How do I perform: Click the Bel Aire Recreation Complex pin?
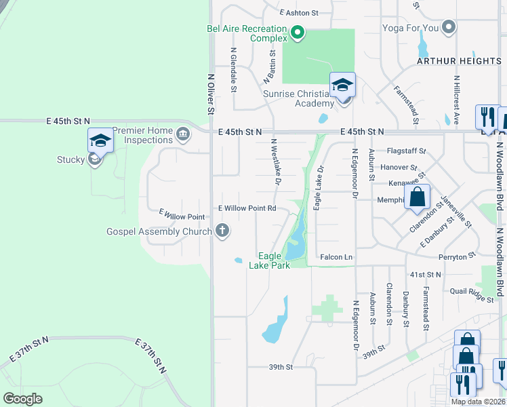[297, 32]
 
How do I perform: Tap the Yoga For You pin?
[447, 28]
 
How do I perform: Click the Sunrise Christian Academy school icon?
[342, 85]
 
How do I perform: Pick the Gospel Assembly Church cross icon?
[221, 231]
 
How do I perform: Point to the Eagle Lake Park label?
[274, 260]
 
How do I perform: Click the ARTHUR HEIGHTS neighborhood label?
[459, 61]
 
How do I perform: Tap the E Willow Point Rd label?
[247, 208]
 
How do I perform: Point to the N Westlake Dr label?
[275, 163]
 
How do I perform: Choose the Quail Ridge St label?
[472, 291]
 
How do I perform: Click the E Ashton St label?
[298, 13]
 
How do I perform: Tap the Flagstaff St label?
[406, 151]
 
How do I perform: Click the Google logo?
[23, 399]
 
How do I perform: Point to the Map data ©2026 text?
[478, 402]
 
